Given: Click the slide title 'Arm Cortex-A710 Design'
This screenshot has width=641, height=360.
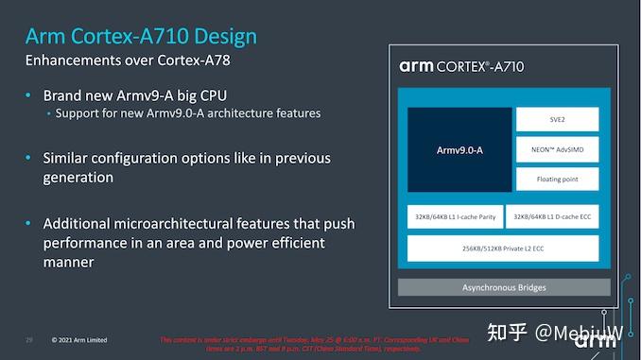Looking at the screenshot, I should point(140,37).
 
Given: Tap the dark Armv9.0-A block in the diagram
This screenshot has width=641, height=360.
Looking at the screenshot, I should point(459,149).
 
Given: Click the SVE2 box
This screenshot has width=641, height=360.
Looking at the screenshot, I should point(557,119).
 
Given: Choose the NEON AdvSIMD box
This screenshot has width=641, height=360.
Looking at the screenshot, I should point(557,149).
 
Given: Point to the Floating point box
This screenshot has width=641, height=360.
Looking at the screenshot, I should point(557,179).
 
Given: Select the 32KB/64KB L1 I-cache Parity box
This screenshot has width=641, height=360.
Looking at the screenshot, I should point(454,216).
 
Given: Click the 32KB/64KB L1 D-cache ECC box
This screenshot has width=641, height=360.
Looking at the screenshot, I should point(552,216).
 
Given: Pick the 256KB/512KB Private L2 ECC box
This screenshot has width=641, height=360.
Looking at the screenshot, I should point(503,249).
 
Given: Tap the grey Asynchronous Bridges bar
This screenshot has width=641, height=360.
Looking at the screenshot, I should point(503,287).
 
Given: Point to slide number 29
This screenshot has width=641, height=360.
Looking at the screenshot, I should point(29,340).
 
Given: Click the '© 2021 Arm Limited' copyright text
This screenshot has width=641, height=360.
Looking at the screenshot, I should point(79,340).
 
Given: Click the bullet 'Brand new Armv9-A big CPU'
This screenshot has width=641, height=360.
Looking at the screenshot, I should point(135,95).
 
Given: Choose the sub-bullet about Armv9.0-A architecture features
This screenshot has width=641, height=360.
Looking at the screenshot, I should point(187,113).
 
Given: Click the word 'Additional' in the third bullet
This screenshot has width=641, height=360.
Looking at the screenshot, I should point(78,223).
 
